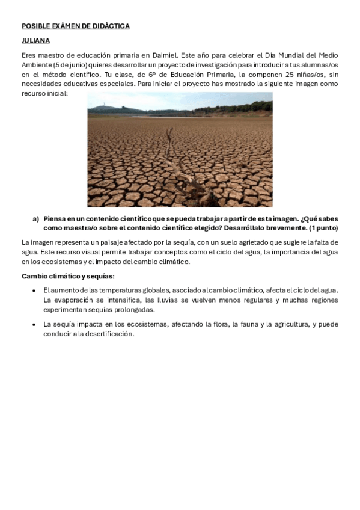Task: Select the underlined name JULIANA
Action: coord(35,41)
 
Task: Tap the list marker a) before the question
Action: coord(35,219)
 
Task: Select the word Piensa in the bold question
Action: coord(55,219)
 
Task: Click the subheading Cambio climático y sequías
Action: coord(67,276)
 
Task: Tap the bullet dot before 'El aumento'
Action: coord(32,290)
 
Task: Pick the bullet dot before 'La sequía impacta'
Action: coord(32,324)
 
